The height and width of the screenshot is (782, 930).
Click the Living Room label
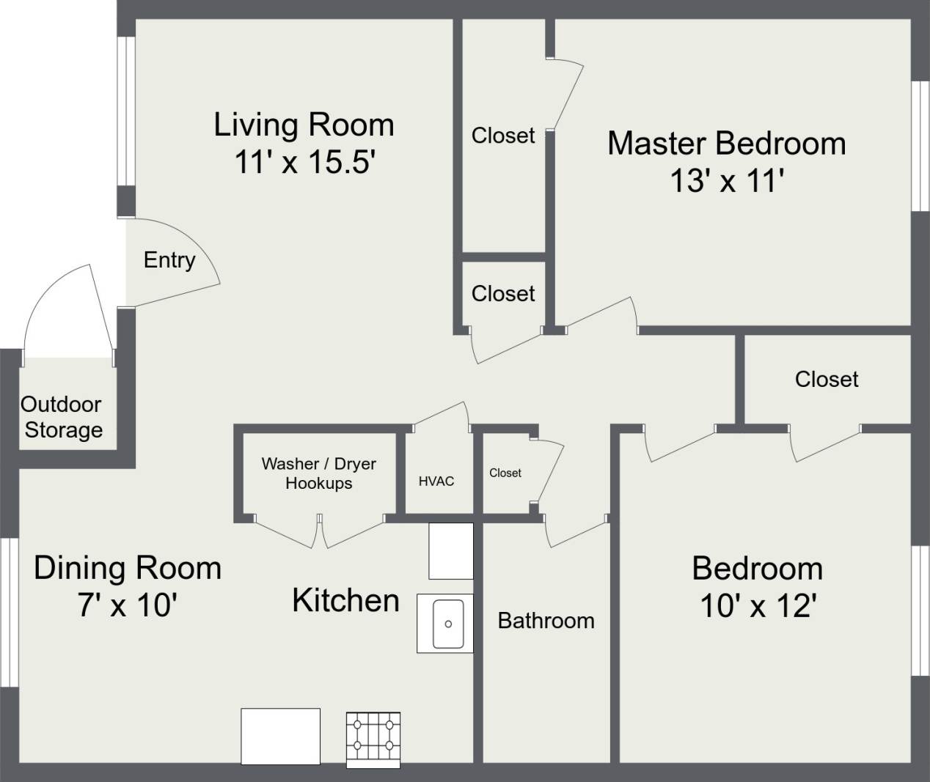304,125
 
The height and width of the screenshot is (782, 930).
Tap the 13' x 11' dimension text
727,180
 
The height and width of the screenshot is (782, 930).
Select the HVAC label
436,482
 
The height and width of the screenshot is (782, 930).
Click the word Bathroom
546,621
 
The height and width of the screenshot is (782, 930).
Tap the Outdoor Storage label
62,417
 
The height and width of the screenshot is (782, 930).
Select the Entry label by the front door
169,260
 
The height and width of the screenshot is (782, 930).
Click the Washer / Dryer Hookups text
319,473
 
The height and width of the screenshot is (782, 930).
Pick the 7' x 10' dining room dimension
127,605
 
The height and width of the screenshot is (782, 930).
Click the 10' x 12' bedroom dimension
758,606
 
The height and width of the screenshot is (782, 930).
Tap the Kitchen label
345,600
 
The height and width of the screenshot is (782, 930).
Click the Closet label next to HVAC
505,473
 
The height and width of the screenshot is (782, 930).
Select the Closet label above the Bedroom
827,379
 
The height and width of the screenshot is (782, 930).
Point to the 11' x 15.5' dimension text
304,162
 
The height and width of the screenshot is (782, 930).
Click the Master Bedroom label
726,143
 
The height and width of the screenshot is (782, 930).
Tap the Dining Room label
128,569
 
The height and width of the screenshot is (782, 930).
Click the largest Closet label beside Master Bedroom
503,136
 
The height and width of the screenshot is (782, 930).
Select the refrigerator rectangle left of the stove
281,736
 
